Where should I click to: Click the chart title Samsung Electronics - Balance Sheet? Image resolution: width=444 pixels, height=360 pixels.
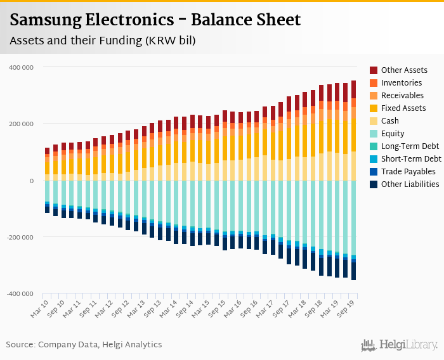click(155, 20)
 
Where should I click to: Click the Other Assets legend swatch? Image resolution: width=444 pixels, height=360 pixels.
click(374, 70)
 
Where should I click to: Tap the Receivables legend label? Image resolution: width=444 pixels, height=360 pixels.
click(403, 95)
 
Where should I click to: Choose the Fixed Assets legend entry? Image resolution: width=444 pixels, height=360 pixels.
click(404, 108)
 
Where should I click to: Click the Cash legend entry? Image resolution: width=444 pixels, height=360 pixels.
click(391, 120)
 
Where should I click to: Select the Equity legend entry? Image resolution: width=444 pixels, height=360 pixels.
click(393, 133)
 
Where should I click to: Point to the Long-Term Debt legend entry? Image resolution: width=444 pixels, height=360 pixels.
click(410, 146)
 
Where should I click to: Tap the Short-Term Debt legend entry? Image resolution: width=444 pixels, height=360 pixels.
click(411, 158)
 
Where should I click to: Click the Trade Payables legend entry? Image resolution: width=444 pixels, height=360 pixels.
click(408, 171)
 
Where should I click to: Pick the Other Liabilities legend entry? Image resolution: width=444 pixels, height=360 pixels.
click(410, 184)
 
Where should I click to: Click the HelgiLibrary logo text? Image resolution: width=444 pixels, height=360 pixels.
click(408, 345)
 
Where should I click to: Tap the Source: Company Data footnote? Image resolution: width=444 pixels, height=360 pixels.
click(84, 344)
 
